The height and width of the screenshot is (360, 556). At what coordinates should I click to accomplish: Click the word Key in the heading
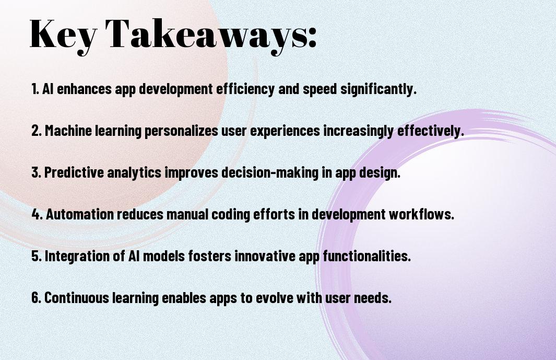click(63, 35)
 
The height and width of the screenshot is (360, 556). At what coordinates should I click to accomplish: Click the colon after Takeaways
click(312, 38)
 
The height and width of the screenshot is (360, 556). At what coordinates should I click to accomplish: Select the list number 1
click(35, 89)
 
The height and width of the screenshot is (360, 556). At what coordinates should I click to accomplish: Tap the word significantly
click(378, 89)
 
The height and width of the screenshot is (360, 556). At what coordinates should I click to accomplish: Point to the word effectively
click(431, 131)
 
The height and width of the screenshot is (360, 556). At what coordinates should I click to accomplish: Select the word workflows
click(421, 214)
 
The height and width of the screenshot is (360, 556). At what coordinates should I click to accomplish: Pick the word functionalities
click(366, 256)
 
